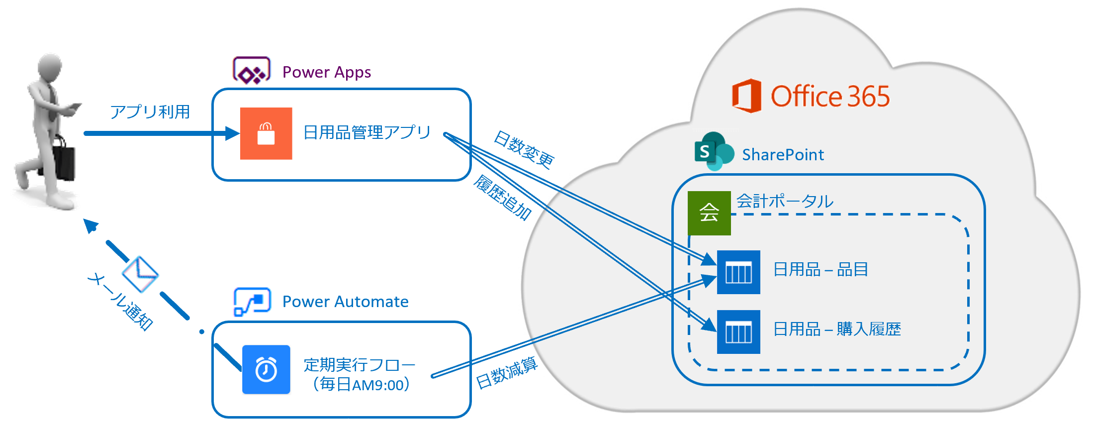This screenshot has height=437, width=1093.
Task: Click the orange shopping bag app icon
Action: (266, 133)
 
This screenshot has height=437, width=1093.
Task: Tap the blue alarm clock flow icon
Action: (266, 370)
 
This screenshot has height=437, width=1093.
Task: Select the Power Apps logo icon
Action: (252, 71)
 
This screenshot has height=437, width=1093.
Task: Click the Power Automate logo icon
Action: (252, 301)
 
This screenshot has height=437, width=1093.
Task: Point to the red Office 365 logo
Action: (746, 96)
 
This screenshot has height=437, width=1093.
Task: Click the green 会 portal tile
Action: (709, 213)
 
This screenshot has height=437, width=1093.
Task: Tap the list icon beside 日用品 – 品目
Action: (738, 272)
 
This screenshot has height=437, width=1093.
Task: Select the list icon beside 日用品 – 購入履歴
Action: (738, 332)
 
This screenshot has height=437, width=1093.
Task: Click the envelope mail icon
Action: (140, 274)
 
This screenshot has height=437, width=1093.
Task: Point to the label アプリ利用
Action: (150, 112)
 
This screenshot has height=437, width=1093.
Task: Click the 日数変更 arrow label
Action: (524, 150)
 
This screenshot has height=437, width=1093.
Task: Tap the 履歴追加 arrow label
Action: (503, 198)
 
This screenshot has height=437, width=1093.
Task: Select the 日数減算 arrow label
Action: (507, 373)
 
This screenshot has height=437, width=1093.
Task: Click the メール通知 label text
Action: (120, 301)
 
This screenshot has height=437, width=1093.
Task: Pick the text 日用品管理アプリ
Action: (367, 132)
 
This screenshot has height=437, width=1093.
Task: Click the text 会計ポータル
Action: (785, 201)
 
